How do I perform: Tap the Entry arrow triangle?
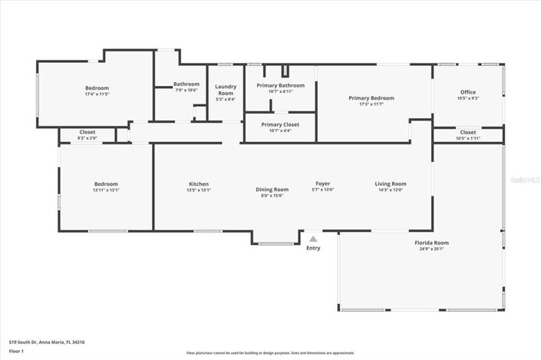point(313,239)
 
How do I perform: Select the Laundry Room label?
point(226,89)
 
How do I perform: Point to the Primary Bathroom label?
point(280,85)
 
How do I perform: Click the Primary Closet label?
point(280,124)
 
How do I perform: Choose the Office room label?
point(468,92)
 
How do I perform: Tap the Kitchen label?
point(199,183)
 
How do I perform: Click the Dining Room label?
point(272,189)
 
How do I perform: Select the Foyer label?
point(323,183)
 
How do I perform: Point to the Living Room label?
point(391,183)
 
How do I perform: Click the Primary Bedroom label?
point(371,97)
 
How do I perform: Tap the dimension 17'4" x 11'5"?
point(97,94)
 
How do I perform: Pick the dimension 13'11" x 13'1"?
point(106,190)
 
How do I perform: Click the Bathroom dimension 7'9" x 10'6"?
point(186,90)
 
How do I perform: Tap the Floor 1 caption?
point(16,352)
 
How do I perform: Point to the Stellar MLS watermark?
point(525,179)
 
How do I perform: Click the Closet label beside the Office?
point(468,132)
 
